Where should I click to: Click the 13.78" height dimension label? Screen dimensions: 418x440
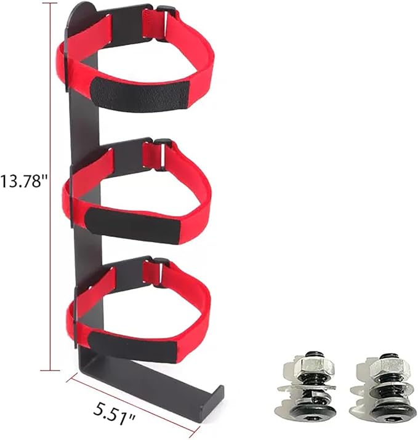(23, 181)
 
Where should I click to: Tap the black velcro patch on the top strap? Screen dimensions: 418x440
(140, 94)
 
